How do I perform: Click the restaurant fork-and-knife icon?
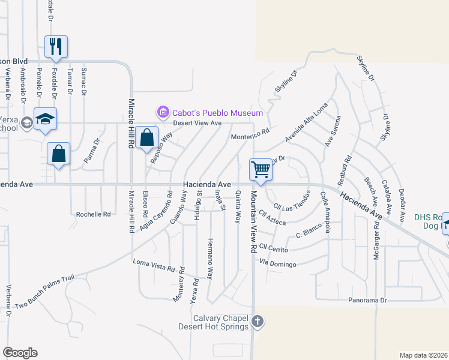point(56,47)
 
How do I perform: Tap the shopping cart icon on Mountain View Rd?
point(261,169)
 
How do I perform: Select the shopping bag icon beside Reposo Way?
point(146,138)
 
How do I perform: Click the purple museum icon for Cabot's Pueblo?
point(162,112)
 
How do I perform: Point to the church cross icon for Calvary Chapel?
point(258,322)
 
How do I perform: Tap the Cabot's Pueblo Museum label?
point(217,113)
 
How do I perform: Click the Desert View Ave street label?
point(197,123)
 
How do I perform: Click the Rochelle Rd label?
point(94,214)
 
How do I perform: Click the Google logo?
point(20,353)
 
